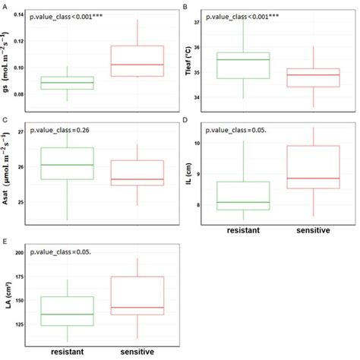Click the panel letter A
pyautogui.click(x=5, y=6)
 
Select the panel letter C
pyautogui.click(x=5, y=120)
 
